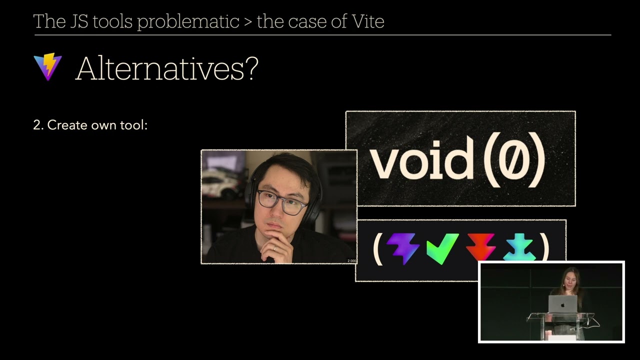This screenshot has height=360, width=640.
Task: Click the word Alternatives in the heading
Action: (159, 68)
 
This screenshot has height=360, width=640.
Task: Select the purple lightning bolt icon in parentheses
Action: (403, 247)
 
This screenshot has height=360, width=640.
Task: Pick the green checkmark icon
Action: (442, 247)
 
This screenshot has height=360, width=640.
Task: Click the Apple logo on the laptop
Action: (563, 304)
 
